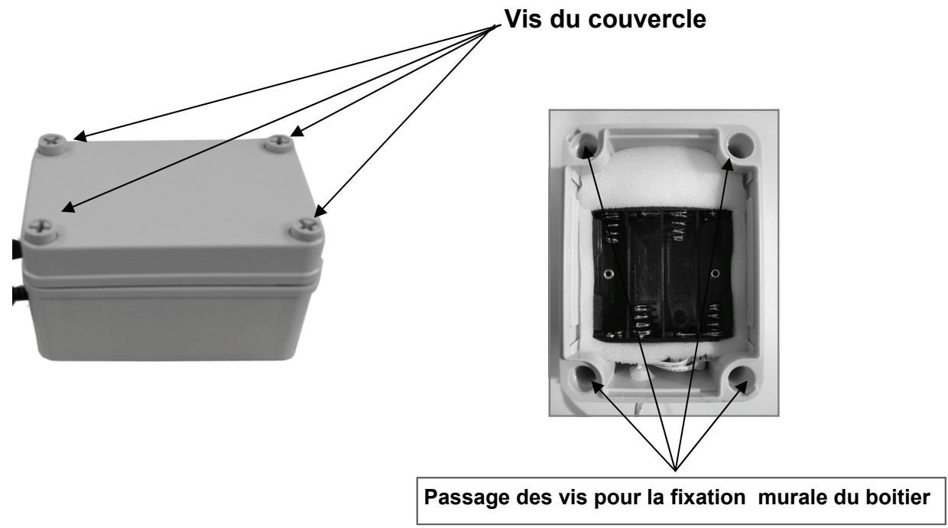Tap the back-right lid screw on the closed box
pyautogui.click(x=282, y=139)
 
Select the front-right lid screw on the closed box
pyautogui.click(x=308, y=225)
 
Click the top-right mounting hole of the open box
pyautogui.click(x=738, y=143)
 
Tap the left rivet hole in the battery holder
pyautogui.click(x=608, y=273)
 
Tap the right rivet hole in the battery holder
pyautogui.click(x=716, y=272)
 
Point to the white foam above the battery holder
pyautogui.click(x=659, y=180)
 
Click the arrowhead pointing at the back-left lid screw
pyautogui.click(x=80, y=139)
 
